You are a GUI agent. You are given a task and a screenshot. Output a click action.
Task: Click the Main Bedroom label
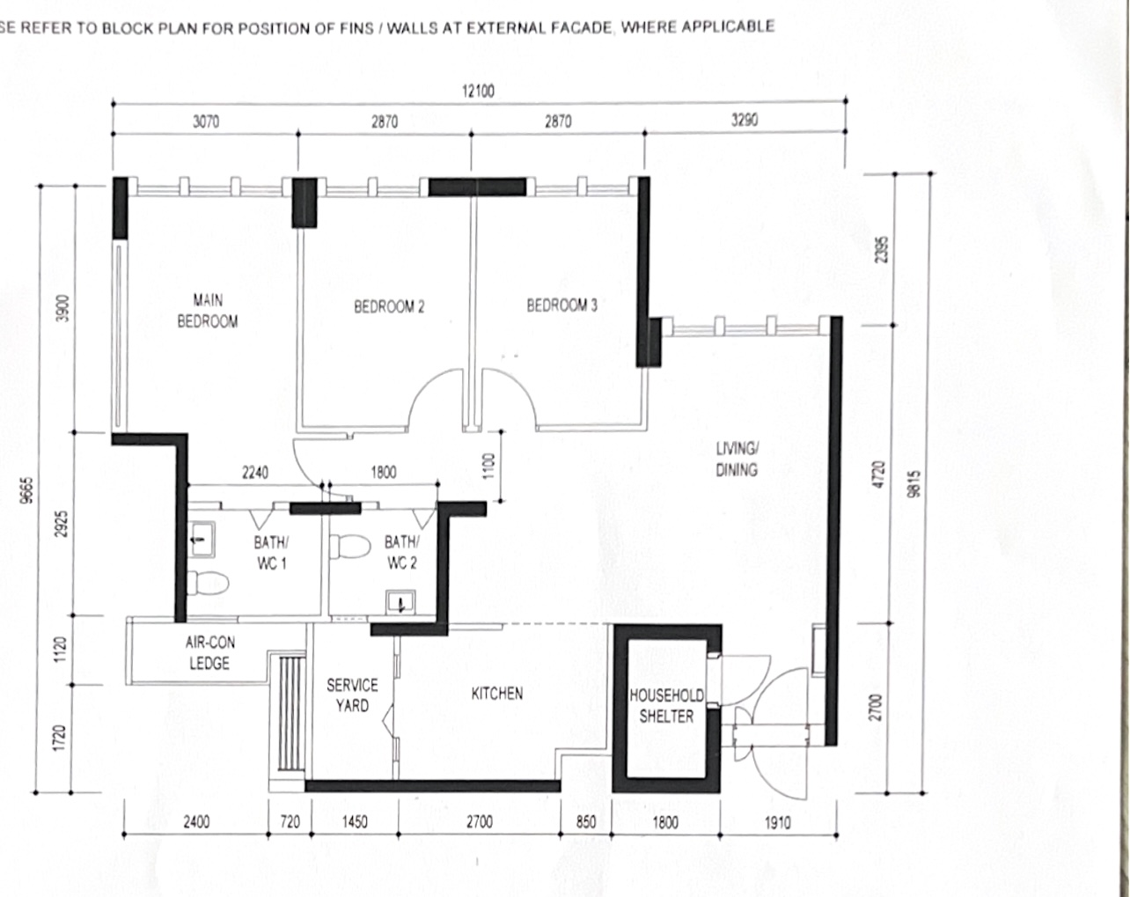tap(208, 311)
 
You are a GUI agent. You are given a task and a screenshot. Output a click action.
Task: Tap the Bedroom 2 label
tap(389, 307)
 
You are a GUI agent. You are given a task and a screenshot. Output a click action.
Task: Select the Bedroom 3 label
tap(561, 305)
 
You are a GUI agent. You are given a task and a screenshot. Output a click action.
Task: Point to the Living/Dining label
tap(736, 460)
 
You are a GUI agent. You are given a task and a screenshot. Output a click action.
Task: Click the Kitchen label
tap(497, 694)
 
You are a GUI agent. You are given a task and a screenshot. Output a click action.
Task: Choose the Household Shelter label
tap(666, 706)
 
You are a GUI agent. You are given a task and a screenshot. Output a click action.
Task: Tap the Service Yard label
tap(352, 695)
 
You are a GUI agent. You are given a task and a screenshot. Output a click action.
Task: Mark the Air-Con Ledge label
tap(210, 653)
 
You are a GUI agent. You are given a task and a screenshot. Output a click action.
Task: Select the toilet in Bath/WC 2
tap(350, 547)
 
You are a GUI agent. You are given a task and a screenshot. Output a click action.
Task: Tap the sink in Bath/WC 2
tap(400, 603)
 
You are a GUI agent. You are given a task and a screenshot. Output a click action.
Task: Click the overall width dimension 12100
tap(478, 91)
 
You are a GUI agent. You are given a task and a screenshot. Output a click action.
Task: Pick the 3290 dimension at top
tap(745, 121)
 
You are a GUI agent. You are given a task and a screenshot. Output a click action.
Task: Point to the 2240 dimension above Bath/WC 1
tap(254, 473)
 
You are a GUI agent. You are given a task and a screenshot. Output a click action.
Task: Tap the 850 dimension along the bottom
tap(585, 822)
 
